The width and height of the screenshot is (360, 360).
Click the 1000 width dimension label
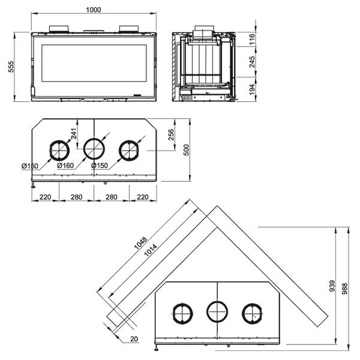click(94, 10)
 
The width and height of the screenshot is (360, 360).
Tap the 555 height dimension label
click(11, 67)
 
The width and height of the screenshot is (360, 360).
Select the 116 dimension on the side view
click(252, 39)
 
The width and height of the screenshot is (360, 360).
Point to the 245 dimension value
click(252, 62)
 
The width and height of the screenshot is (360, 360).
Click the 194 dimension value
click(252, 89)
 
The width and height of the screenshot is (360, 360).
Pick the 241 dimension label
click(73, 134)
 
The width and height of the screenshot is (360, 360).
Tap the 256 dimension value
click(171, 135)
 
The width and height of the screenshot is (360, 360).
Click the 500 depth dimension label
click(187, 150)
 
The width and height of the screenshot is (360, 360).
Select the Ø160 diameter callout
click(65, 166)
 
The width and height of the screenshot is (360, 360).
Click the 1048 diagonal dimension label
click(140, 244)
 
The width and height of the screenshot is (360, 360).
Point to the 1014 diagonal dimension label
click(151, 250)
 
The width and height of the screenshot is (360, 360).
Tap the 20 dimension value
click(134, 339)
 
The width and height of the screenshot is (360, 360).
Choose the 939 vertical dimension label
click(332, 286)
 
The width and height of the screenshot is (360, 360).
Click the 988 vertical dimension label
click(344, 289)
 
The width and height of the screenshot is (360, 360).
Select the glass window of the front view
click(94, 63)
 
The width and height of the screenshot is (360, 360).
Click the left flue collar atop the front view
click(59, 28)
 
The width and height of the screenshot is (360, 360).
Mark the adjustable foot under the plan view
click(34, 185)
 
